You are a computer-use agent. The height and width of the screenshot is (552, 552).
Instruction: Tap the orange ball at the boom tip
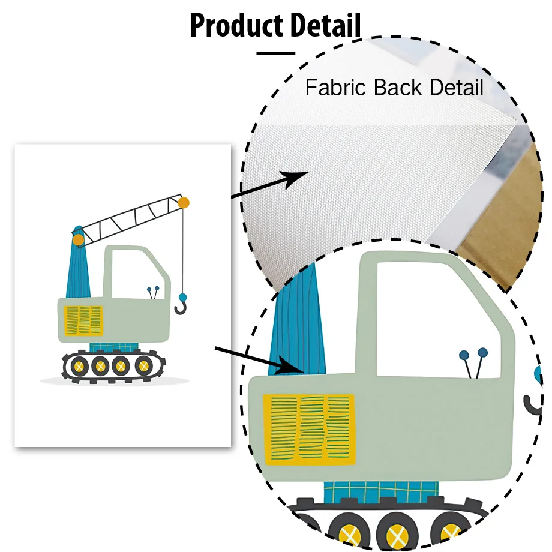[184, 203]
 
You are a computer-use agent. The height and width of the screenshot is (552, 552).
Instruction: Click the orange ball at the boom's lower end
[78, 240]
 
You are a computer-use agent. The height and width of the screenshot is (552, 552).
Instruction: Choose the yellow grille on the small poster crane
[83, 319]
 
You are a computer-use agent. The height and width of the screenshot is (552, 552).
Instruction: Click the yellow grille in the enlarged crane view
[308, 428]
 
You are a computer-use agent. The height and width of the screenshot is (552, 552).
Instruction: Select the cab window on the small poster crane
[137, 273]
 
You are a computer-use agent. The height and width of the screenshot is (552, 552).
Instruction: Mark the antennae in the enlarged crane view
[474, 363]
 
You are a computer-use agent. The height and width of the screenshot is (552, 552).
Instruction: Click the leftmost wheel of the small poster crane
[78, 364]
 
